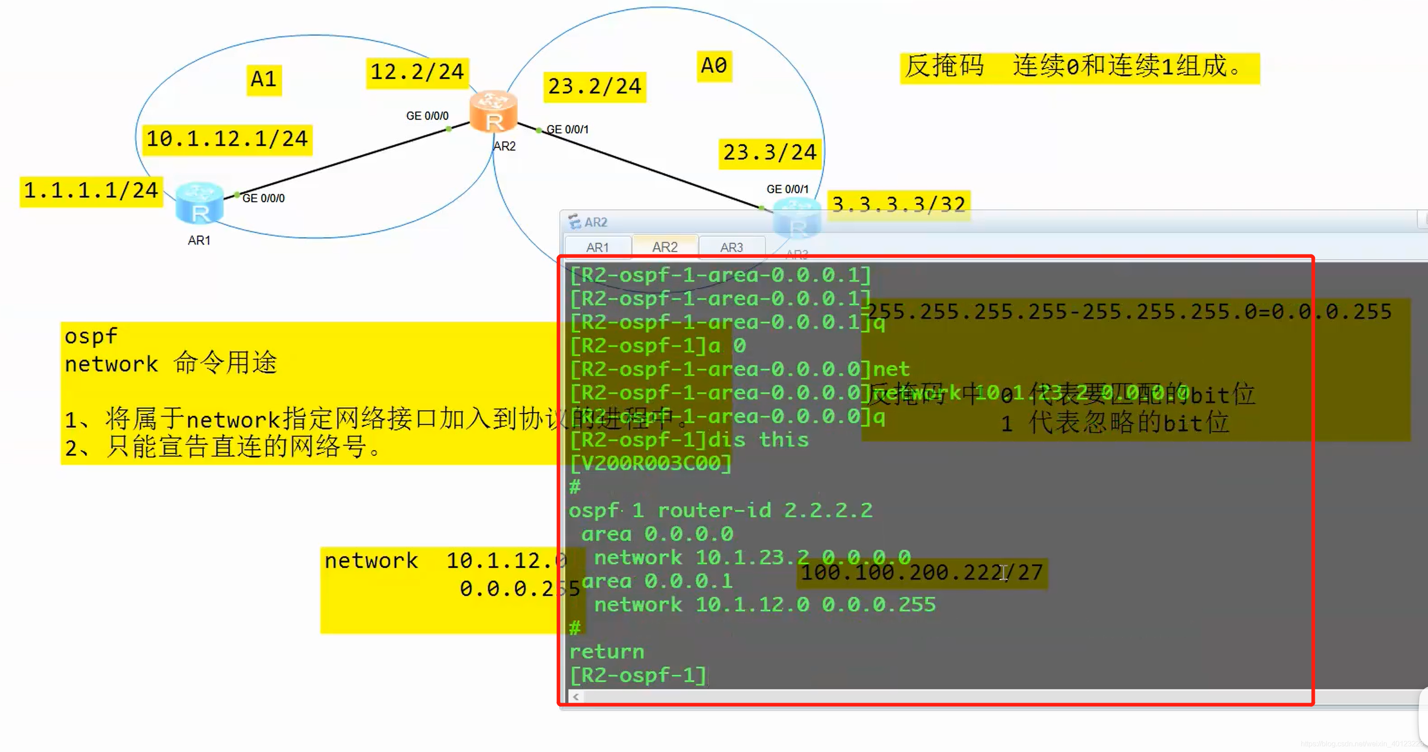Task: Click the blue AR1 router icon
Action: click(199, 203)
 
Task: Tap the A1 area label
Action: click(264, 79)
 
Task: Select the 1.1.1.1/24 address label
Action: click(91, 191)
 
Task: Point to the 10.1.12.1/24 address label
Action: click(227, 139)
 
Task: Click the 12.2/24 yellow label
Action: click(417, 72)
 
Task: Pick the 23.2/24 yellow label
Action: click(594, 87)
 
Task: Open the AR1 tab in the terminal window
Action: click(598, 247)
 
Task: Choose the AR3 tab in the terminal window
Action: click(731, 247)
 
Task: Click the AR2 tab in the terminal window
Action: click(665, 247)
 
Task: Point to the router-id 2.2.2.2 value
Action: click(828, 510)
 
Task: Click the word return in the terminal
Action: click(606, 651)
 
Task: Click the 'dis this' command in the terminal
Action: click(758, 440)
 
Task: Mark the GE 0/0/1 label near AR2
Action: click(568, 129)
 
